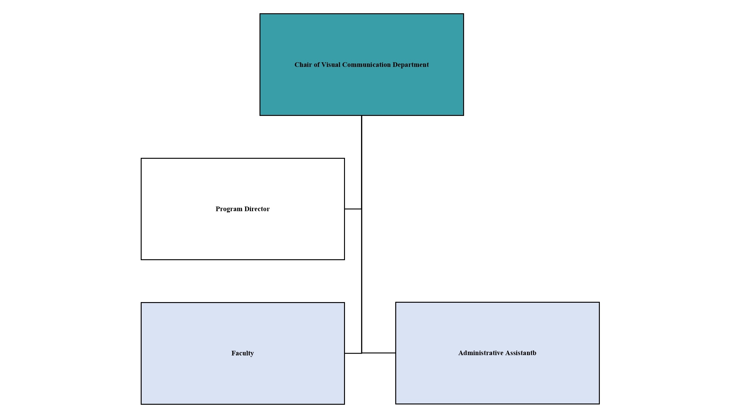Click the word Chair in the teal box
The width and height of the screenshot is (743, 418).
pos(303,65)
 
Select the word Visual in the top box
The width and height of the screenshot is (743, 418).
pos(331,65)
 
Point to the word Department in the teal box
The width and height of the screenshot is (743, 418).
pos(411,65)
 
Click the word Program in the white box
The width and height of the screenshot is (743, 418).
pos(229,209)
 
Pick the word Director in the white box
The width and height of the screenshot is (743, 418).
pos(257,209)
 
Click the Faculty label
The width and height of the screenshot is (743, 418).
pos(243,353)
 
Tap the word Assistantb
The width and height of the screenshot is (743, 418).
pos(521,353)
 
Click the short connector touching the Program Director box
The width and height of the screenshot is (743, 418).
pos(353,209)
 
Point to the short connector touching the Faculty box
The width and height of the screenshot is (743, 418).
pos(353,353)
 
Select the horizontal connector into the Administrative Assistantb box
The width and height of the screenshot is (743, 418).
pos(379,353)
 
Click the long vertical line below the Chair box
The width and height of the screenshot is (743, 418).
pos(362,234)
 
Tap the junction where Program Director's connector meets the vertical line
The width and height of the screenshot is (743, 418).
pos(362,209)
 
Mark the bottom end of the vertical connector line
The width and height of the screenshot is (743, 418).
pos(362,353)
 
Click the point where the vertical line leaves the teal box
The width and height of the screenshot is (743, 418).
pos(362,116)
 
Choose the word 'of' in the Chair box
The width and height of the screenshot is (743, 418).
pos(317,65)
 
